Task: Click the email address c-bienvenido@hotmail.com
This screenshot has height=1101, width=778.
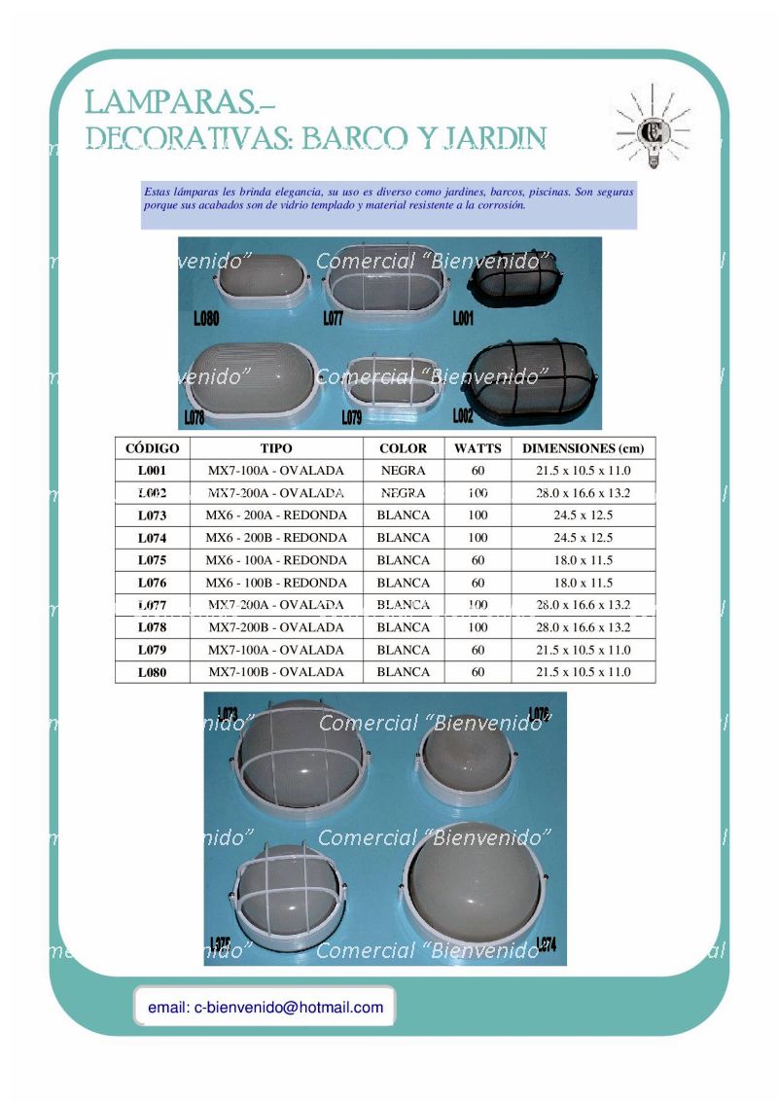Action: coord(265,1008)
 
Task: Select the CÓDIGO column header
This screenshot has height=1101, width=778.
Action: coord(153,448)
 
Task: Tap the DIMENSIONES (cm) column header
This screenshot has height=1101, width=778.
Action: coord(583,448)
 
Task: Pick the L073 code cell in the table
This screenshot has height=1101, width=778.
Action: coord(153,515)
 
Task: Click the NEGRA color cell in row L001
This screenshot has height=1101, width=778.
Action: coord(403,471)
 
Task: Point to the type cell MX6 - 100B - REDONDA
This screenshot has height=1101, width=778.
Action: coord(276,583)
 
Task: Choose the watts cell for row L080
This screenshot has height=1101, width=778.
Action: coord(477,672)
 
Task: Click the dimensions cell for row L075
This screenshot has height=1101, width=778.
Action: coord(583,560)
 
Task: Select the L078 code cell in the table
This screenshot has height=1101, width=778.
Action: coord(153,627)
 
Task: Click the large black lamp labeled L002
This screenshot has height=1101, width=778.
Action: coord(530,379)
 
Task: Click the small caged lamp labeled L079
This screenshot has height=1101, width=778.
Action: coord(389,381)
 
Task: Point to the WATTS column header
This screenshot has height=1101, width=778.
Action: coord(477,448)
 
